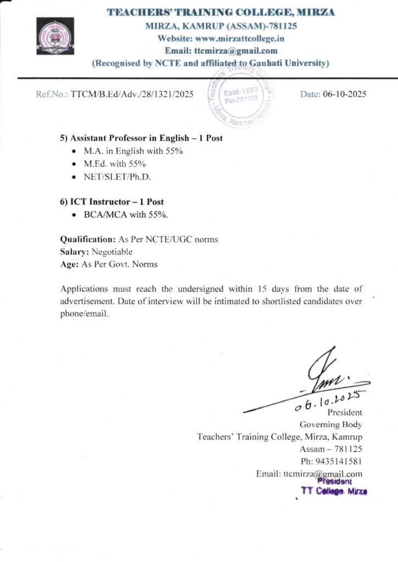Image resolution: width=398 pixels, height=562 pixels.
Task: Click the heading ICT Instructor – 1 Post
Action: (x=112, y=201)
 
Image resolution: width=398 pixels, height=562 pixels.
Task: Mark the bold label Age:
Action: (x=69, y=264)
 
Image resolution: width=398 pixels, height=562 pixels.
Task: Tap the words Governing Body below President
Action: (x=330, y=424)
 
